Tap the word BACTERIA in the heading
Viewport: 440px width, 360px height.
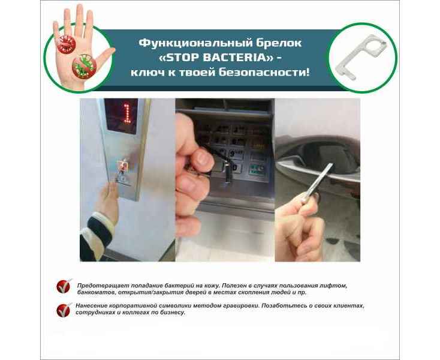point(237,58)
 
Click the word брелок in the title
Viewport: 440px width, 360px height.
point(279,43)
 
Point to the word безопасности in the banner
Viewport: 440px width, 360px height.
point(264,73)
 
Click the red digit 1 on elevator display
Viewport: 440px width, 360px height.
point(127,114)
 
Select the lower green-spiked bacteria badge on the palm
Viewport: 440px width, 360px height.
point(84,66)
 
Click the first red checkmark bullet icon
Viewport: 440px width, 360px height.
point(64,286)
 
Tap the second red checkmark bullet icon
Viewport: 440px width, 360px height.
point(64,310)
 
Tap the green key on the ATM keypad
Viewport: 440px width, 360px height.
point(256,169)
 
